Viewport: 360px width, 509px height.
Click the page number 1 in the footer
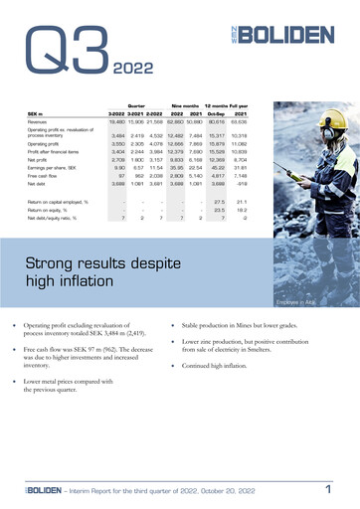pyautogui.click(x=327, y=489)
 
